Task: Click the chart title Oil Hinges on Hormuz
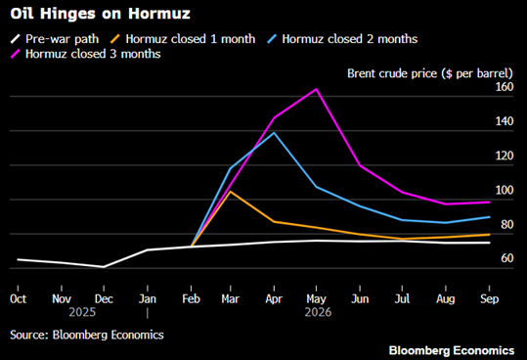coord(74,15)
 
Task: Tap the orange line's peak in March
coord(230,192)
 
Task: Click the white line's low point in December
coord(105,266)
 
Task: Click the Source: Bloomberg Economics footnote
coord(87,335)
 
